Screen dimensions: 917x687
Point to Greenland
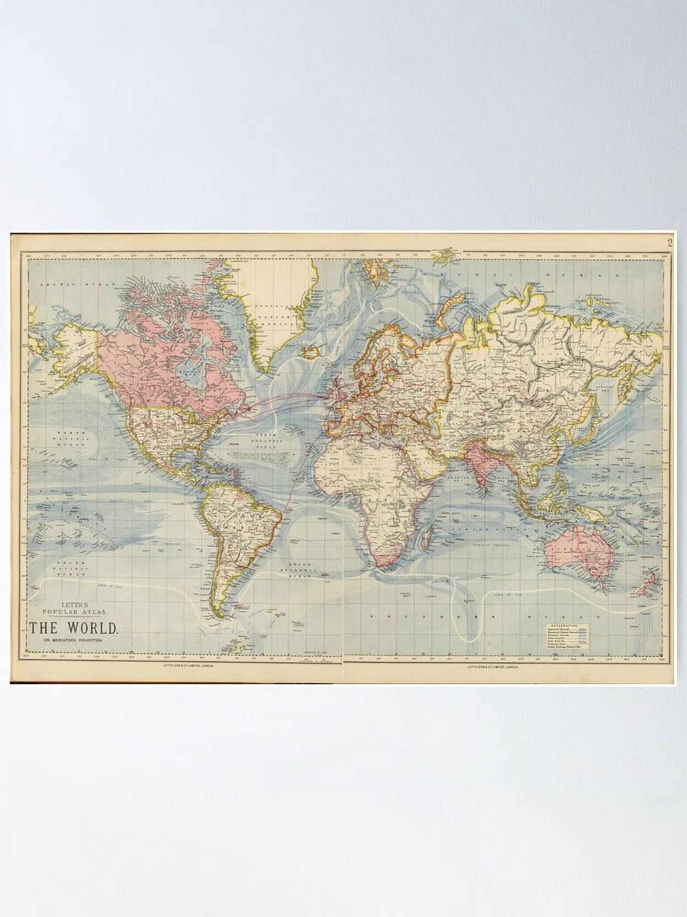(266, 312)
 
